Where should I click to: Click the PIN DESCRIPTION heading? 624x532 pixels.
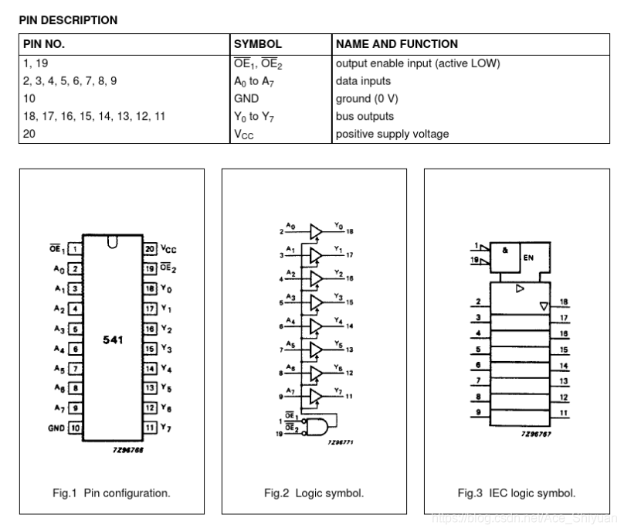pos(68,20)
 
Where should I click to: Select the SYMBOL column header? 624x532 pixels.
pos(257,45)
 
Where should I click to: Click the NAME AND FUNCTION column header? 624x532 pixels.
pos(396,45)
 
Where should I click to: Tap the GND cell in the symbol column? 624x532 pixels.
pos(246,99)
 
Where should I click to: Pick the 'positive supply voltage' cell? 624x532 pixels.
pos(392,134)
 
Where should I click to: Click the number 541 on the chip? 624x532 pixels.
pos(113,339)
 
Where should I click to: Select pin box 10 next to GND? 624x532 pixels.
pos(76,428)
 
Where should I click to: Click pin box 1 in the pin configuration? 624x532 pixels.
pos(76,249)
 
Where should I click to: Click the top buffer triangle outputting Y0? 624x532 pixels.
pos(315,231)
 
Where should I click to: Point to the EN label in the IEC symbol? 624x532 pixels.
pos(527,257)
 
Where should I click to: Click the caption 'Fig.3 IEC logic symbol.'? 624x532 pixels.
pos(516,493)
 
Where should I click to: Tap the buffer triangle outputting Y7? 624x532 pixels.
pos(315,397)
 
